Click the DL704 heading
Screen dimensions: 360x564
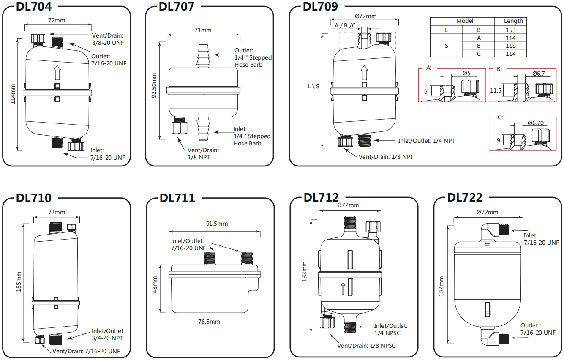point(34,7)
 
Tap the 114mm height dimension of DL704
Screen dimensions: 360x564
point(13,94)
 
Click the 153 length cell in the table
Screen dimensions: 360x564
point(510,30)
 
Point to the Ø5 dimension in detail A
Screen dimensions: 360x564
point(466,73)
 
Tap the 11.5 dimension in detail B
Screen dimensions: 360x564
point(496,91)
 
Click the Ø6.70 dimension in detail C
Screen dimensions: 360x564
point(535,123)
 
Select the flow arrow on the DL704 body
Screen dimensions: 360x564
point(57,72)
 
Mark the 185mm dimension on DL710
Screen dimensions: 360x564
point(19,282)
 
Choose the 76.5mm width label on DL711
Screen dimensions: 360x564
point(209,322)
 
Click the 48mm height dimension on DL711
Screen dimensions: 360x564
point(155,284)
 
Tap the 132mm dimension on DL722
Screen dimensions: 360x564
point(441,286)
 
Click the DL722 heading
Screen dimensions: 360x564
point(465,197)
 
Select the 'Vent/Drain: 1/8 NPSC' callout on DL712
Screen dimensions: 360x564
point(366,346)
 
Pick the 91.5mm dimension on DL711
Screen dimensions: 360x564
point(217,224)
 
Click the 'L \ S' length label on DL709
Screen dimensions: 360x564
point(313,87)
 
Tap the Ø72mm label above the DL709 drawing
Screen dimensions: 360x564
point(365,16)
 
